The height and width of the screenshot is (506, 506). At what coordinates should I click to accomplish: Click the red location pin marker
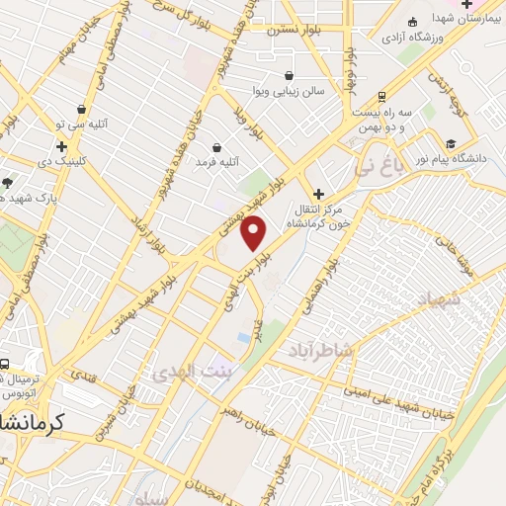click(x=254, y=232)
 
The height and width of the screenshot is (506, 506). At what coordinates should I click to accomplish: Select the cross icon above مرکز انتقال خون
click(x=317, y=194)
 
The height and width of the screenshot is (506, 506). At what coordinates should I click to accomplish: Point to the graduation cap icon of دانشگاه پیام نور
click(x=451, y=140)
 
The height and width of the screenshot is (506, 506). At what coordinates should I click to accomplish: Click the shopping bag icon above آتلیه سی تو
click(x=81, y=110)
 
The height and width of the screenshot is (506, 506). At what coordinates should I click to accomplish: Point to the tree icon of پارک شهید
click(x=7, y=182)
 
